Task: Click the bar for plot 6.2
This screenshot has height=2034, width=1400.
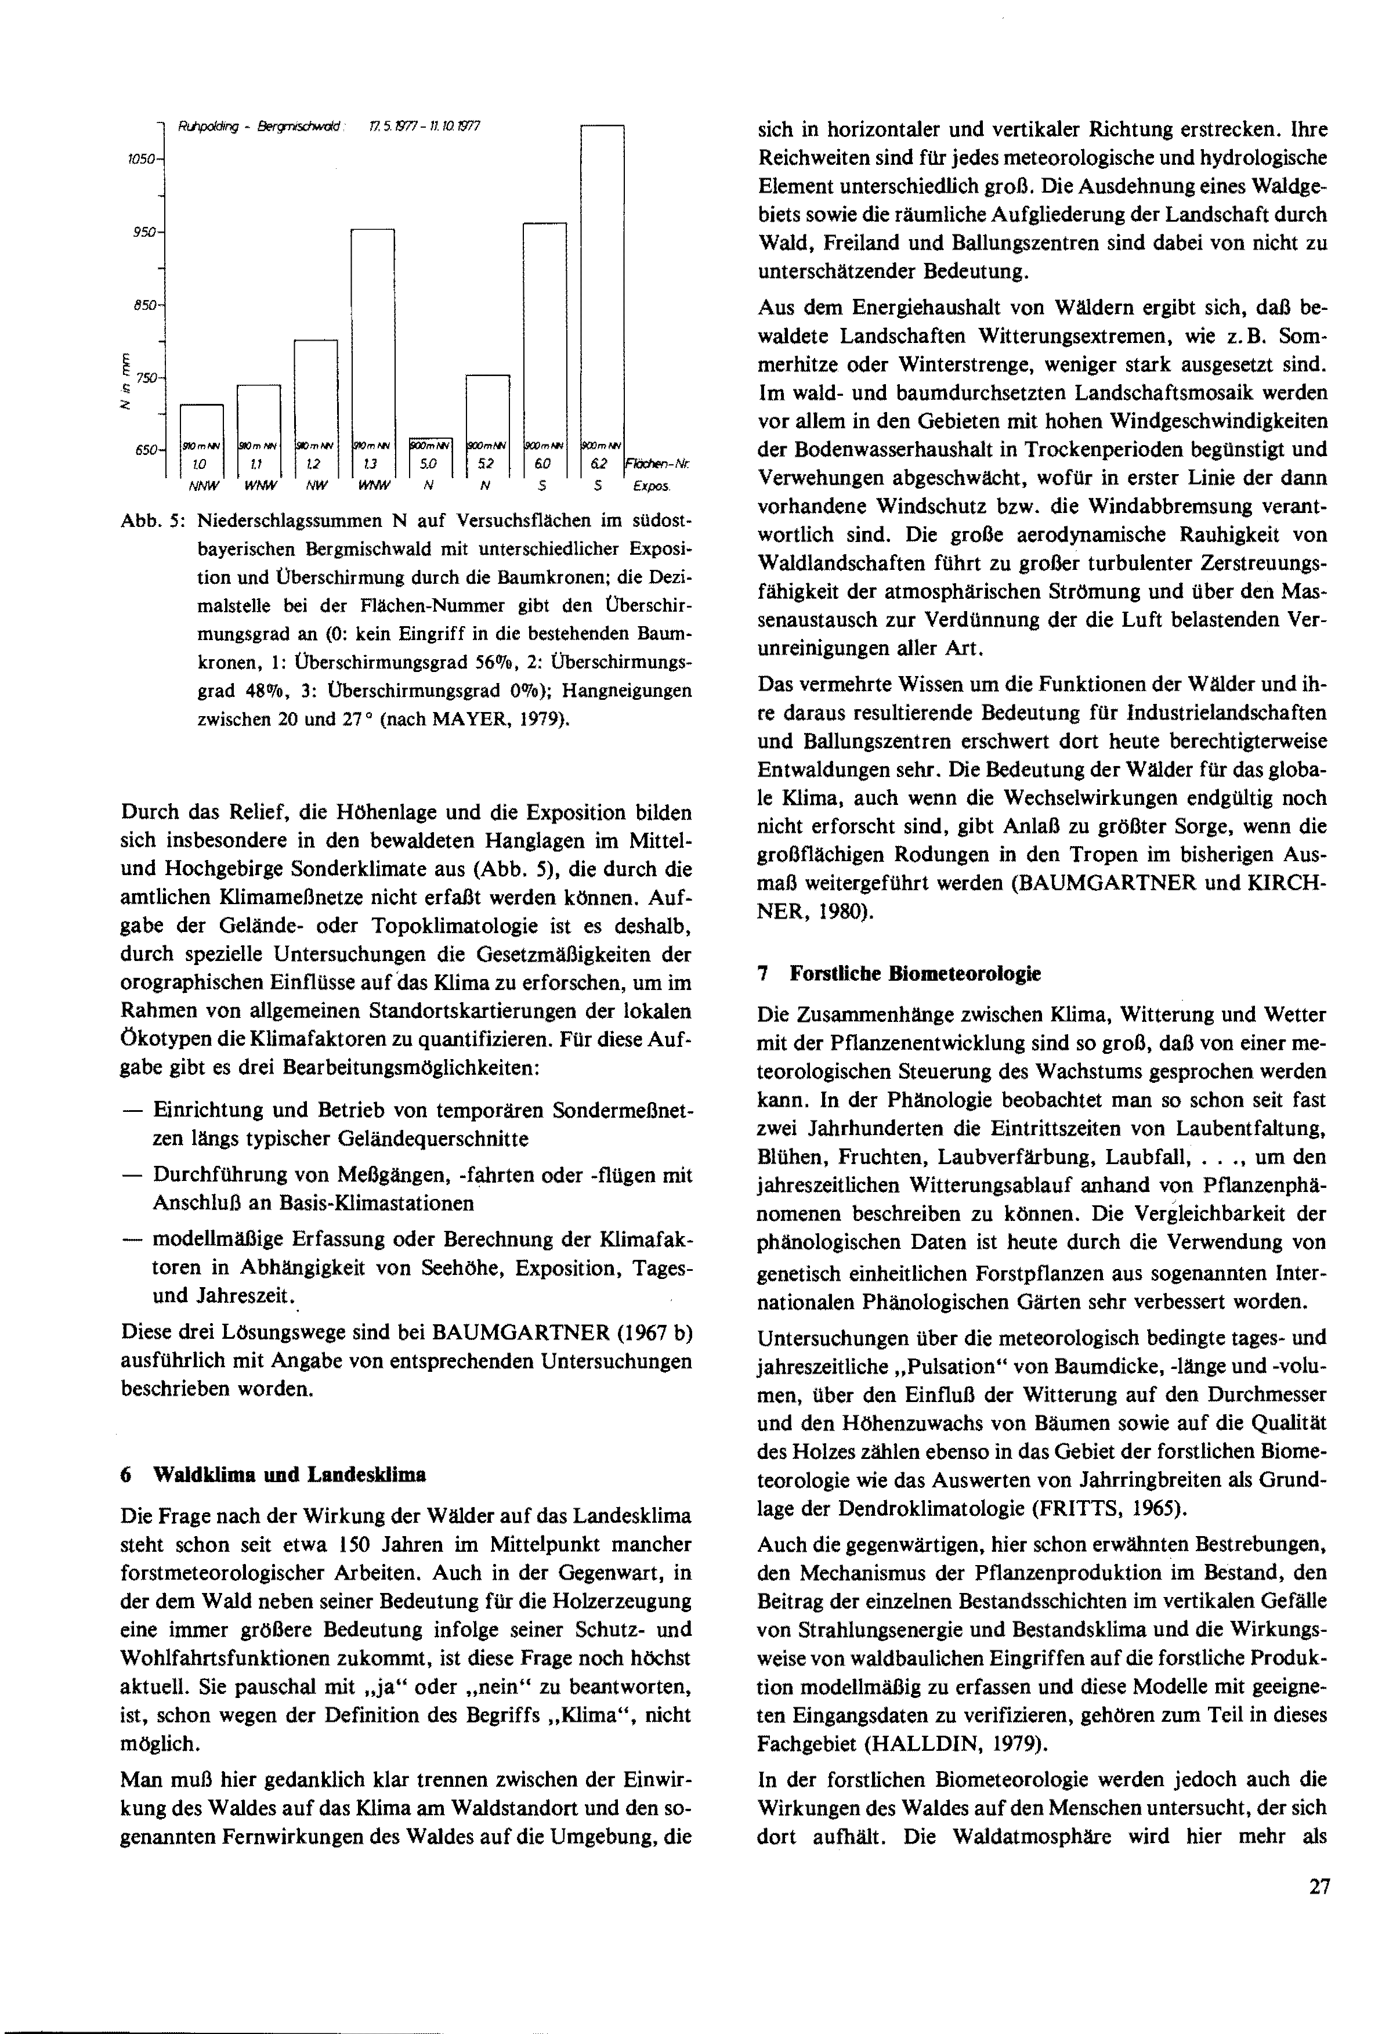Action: coord(602,290)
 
